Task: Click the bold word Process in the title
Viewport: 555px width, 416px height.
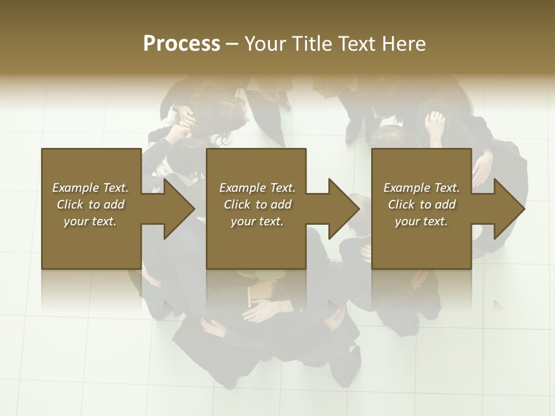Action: point(182,44)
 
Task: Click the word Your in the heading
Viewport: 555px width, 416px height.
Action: point(265,44)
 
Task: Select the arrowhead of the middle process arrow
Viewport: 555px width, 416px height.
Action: point(343,209)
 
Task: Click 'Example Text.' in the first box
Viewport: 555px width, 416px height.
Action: point(90,188)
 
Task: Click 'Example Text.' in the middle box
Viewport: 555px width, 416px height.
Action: point(257,188)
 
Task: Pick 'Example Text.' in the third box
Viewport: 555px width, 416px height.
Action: point(421,188)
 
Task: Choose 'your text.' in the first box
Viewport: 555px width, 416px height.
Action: point(90,221)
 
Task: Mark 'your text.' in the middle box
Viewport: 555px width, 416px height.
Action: point(257,221)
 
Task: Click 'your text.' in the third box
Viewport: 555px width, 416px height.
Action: point(421,221)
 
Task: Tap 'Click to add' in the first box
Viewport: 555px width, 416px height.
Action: point(90,205)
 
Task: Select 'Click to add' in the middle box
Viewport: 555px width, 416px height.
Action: point(257,205)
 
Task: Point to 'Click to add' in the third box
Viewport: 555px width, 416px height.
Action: point(421,205)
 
